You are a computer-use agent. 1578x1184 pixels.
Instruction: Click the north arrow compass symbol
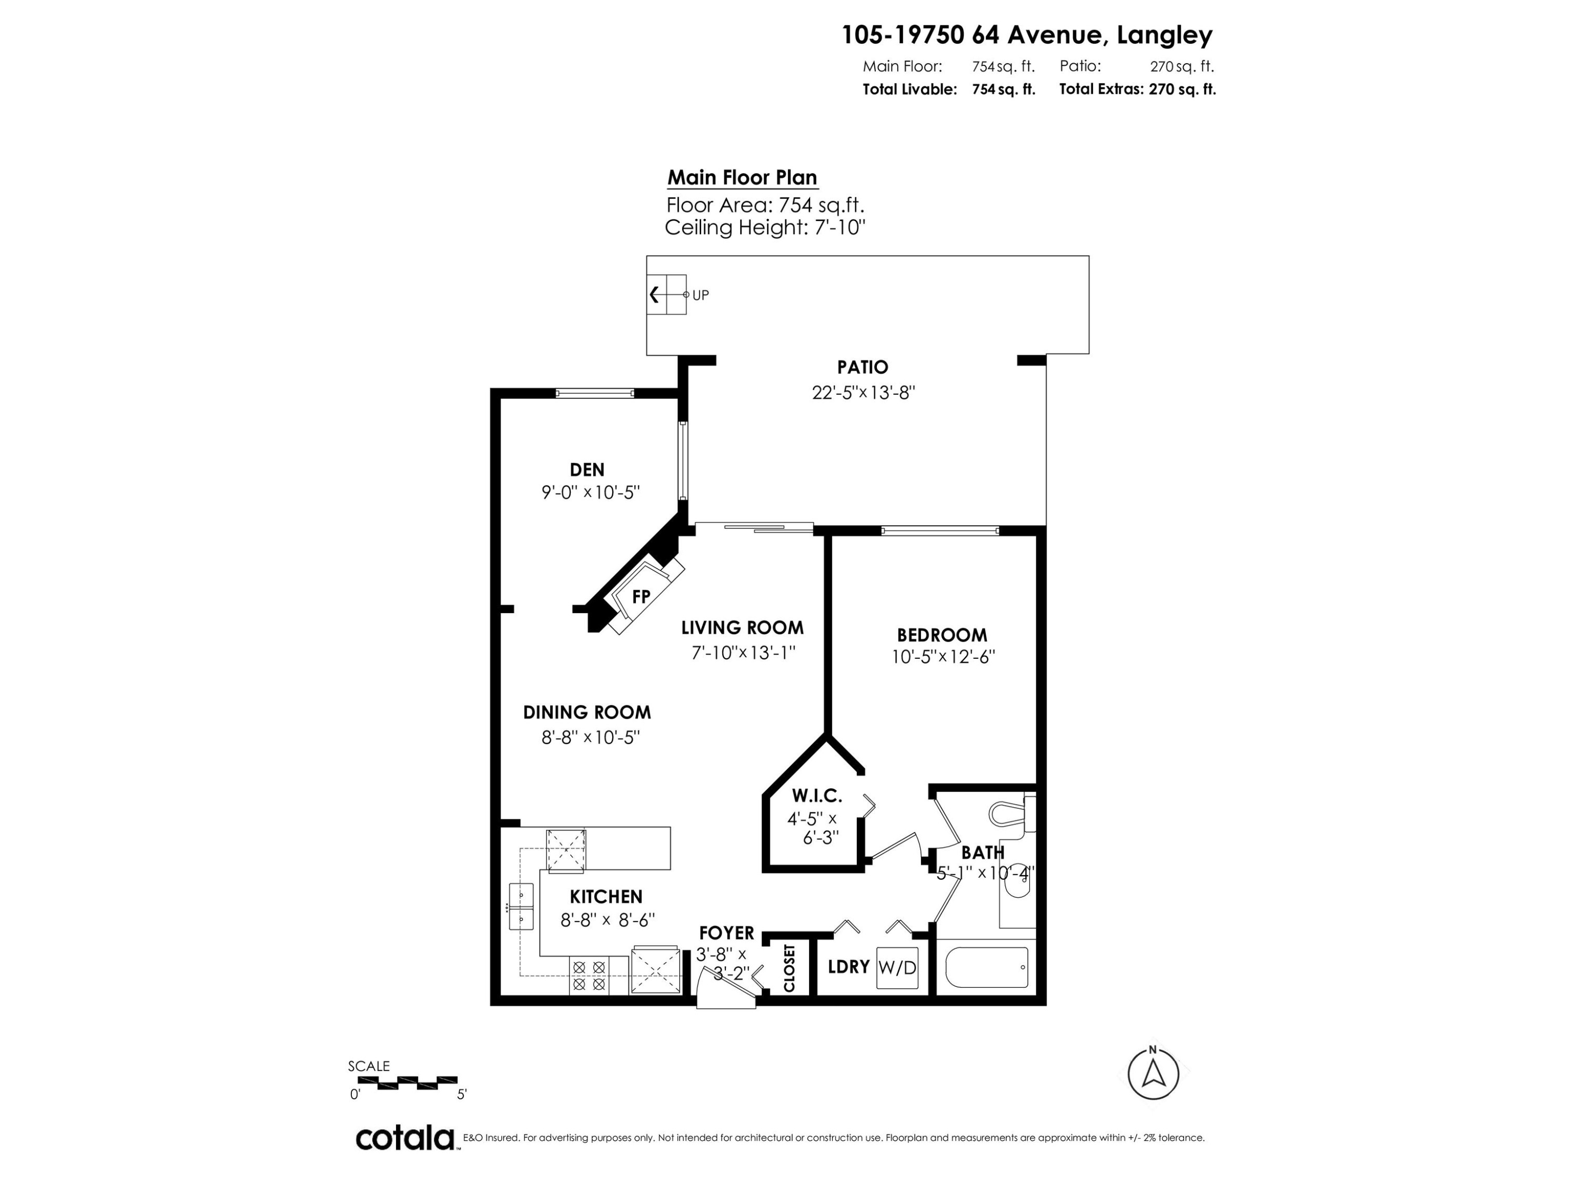(1153, 1073)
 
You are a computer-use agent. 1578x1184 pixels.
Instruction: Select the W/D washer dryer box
(897, 968)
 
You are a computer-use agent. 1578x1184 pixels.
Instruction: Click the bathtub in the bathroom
(987, 967)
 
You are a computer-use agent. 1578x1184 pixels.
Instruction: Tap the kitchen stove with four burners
(589, 976)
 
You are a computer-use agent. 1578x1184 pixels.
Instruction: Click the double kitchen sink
(521, 906)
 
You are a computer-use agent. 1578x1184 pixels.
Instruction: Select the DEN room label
(587, 469)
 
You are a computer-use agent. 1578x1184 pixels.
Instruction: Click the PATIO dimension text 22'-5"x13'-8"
(863, 393)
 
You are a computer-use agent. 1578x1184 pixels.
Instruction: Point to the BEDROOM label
(942, 635)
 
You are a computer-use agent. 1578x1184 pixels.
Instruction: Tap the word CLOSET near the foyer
(789, 968)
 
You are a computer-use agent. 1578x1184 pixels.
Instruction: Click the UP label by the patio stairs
(701, 295)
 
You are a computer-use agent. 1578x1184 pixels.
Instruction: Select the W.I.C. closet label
(817, 795)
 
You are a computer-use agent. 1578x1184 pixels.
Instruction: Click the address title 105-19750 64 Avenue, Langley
(1027, 35)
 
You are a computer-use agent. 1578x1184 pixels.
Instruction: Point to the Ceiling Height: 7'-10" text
(765, 228)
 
